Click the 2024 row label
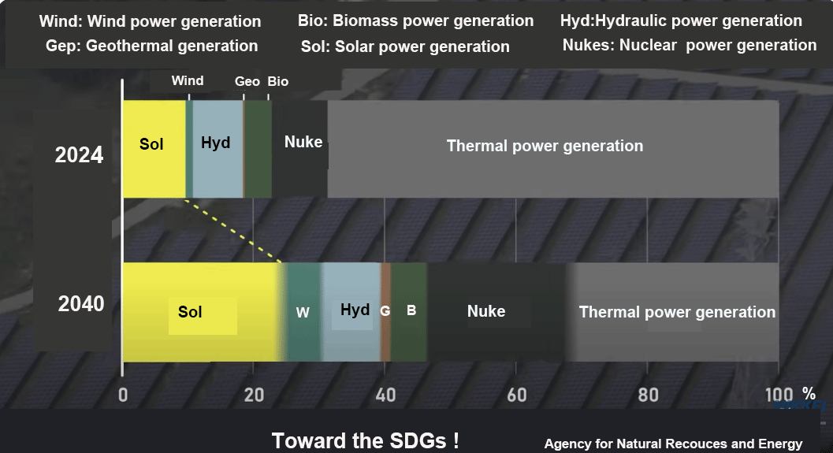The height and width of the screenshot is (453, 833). [x=79, y=155]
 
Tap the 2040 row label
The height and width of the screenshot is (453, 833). [x=80, y=304]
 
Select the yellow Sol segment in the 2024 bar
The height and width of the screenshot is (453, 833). [x=154, y=149]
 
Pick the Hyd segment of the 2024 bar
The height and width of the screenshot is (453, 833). [x=218, y=149]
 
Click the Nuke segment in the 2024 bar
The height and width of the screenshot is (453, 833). [x=299, y=149]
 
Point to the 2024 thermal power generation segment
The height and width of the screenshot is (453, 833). [x=553, y=149]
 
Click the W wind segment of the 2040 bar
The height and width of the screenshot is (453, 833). [x=303, y=312]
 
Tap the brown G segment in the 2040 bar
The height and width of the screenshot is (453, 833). [x=385, y=312]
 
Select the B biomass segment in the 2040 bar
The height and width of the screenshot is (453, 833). [x=408, y=312]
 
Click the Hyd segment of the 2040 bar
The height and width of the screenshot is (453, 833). [x=351, y=312]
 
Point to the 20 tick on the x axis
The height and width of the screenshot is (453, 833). [x=254, y=395]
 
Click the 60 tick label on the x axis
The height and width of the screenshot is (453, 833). [x=516, y=395]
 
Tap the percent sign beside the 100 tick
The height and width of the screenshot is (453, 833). [x=809, y=394]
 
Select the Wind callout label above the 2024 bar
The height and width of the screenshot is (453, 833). [x=188, y=80]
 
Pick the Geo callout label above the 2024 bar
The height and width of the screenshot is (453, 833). [x=247, y=81]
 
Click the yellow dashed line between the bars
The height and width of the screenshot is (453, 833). [x=233, y=231]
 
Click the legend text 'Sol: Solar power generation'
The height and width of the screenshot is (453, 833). [x=405, y=46]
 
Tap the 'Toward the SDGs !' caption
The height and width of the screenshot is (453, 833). [x=366, y=440]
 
